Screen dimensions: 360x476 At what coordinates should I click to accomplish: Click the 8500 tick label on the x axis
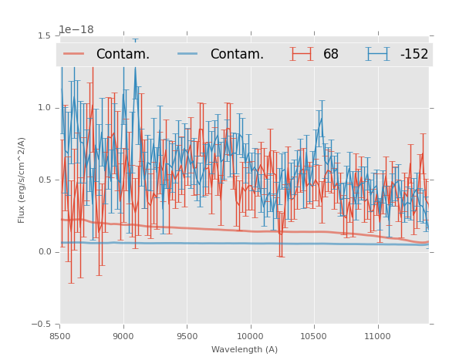(x=60, y=336)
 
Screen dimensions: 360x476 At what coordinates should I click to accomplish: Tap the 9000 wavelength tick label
(x=123, y=336)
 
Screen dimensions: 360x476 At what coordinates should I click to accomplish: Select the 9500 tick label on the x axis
(x=187, y=336)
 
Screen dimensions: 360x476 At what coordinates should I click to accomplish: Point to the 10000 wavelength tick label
(x=250, y=336)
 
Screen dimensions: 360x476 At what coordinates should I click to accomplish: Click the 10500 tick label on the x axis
(x=314, y=336)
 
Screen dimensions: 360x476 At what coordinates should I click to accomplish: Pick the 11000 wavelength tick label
(x=377, y=336)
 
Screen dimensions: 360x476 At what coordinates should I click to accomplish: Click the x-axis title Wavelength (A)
(x=245, y=349)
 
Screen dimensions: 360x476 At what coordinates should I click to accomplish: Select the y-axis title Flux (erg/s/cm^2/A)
(x=22, y=180)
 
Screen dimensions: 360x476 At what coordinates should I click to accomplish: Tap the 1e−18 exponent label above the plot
(x=76, y=30)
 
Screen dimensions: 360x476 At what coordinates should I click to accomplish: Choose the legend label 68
(x=331, y=55)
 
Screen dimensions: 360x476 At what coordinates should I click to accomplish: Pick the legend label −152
(x=414, y=55)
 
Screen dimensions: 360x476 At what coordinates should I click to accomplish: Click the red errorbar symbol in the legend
(x=302, y=54)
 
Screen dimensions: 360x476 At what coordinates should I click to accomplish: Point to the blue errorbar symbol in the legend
(x=378, y=54)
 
